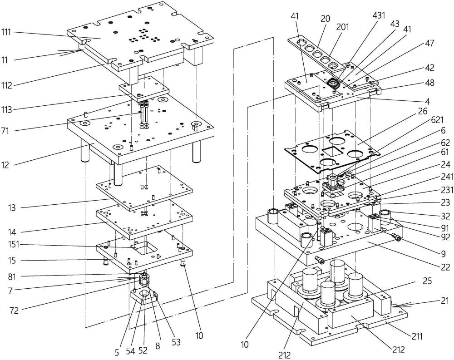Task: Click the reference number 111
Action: tap(7, 32)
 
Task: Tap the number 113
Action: tap(7, 109)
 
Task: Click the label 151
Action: tap(7, 245)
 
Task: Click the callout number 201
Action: tap(343, 27)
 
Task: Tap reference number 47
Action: tap(429, 44)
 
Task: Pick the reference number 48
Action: tap(429, 83)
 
